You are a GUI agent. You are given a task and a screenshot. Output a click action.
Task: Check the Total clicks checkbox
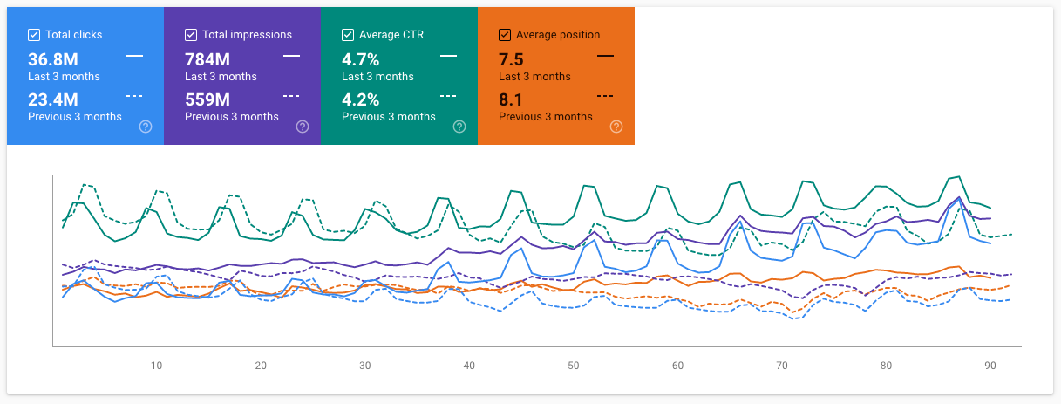[34, 35]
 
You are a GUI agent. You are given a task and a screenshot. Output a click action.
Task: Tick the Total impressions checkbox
[191, 35]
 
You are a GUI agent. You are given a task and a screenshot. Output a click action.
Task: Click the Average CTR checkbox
[348, 35]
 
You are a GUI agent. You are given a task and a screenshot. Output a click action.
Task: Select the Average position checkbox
[505, 35]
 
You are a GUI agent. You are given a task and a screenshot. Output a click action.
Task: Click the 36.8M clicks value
[53, 59]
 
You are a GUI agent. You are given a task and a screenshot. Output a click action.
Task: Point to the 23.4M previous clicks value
[53, 99]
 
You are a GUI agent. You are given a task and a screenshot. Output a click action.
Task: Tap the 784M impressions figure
[207, 59]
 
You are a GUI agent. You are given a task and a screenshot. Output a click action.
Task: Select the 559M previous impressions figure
[207, 99]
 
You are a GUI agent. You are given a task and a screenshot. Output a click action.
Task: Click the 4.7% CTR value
[360, 59]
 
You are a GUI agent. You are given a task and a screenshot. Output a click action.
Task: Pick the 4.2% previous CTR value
[361, 99]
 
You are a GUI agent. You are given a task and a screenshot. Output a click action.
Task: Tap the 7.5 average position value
[511, 59]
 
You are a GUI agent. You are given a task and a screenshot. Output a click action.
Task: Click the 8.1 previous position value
[511, 99]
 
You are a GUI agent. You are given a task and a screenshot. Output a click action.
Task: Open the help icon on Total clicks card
[146, 127]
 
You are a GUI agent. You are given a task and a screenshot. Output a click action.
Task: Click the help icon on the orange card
[616, 127]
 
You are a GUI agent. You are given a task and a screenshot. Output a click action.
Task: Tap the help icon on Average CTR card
[459, 127]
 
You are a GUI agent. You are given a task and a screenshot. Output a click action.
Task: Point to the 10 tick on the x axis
[157, 366]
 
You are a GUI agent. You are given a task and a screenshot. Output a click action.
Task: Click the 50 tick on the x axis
[574, 366]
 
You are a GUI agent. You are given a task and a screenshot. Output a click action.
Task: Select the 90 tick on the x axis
[990, 366]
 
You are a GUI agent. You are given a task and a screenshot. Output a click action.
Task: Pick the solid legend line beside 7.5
[605, 56]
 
